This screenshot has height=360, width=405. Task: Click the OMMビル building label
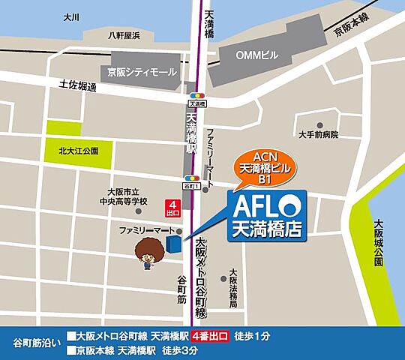pyautogui.click(x=256, y=55)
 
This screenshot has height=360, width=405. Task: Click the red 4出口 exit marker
pyautogui.click(x=174, y=206)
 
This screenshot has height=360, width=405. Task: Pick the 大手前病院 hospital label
pyautogui.click(x=318, y=135)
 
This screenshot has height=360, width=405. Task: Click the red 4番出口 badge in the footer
pyautogui.click(x=210, y=336)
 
